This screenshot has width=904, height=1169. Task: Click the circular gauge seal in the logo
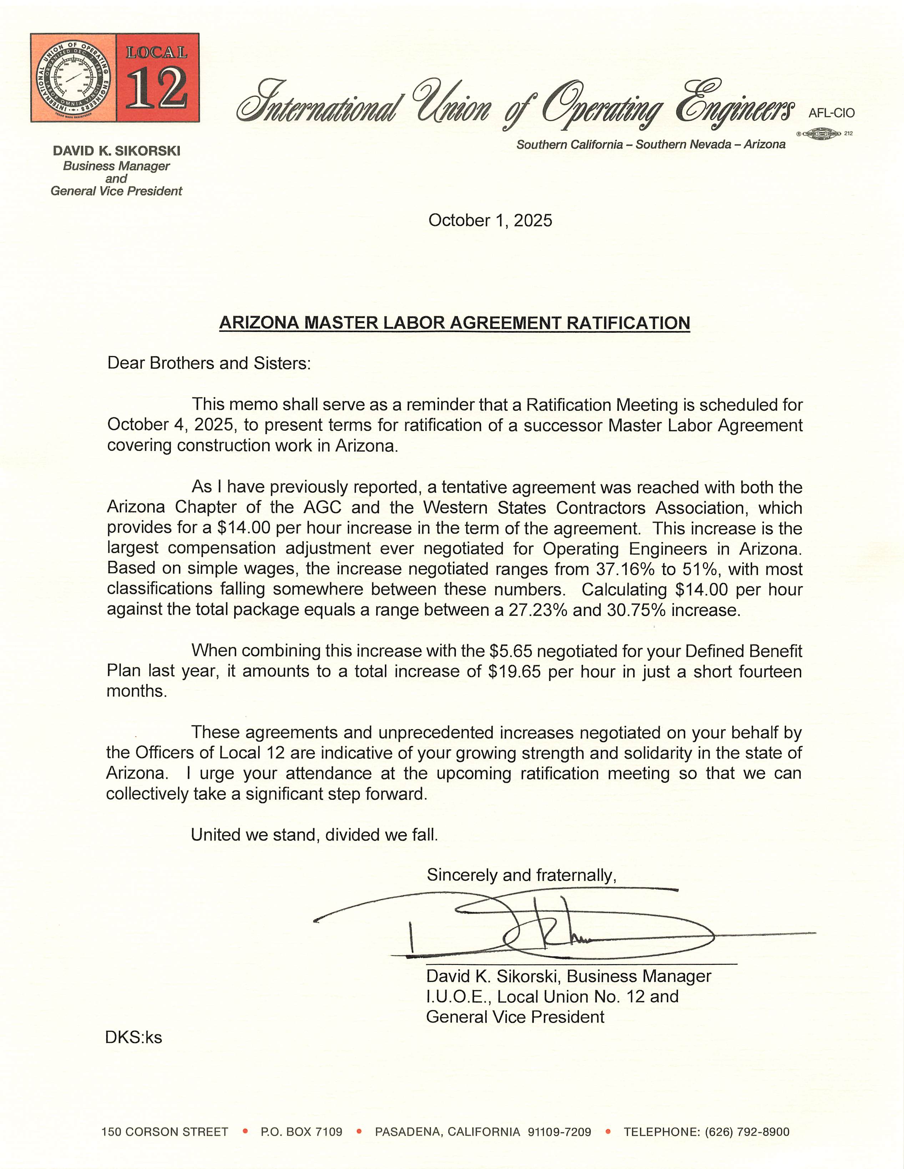click(x=74, y=78)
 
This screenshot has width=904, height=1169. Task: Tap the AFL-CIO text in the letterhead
click(x=831, y=113)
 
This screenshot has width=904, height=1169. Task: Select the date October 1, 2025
click(x=490, y=220)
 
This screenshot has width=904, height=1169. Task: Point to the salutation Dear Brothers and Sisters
click(x=209, y=363)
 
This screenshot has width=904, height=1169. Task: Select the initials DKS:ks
click(x=133, y=1037)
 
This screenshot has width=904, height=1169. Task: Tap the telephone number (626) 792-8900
click(x=747, y=1132)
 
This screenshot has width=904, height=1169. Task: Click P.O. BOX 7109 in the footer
click(x=302, y=1132)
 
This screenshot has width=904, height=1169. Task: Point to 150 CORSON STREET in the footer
click(x=165, y=1132)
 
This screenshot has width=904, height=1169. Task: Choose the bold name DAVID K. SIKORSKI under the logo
click(x=116, y=151)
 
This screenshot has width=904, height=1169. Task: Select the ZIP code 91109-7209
click(x=559, y=1132)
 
